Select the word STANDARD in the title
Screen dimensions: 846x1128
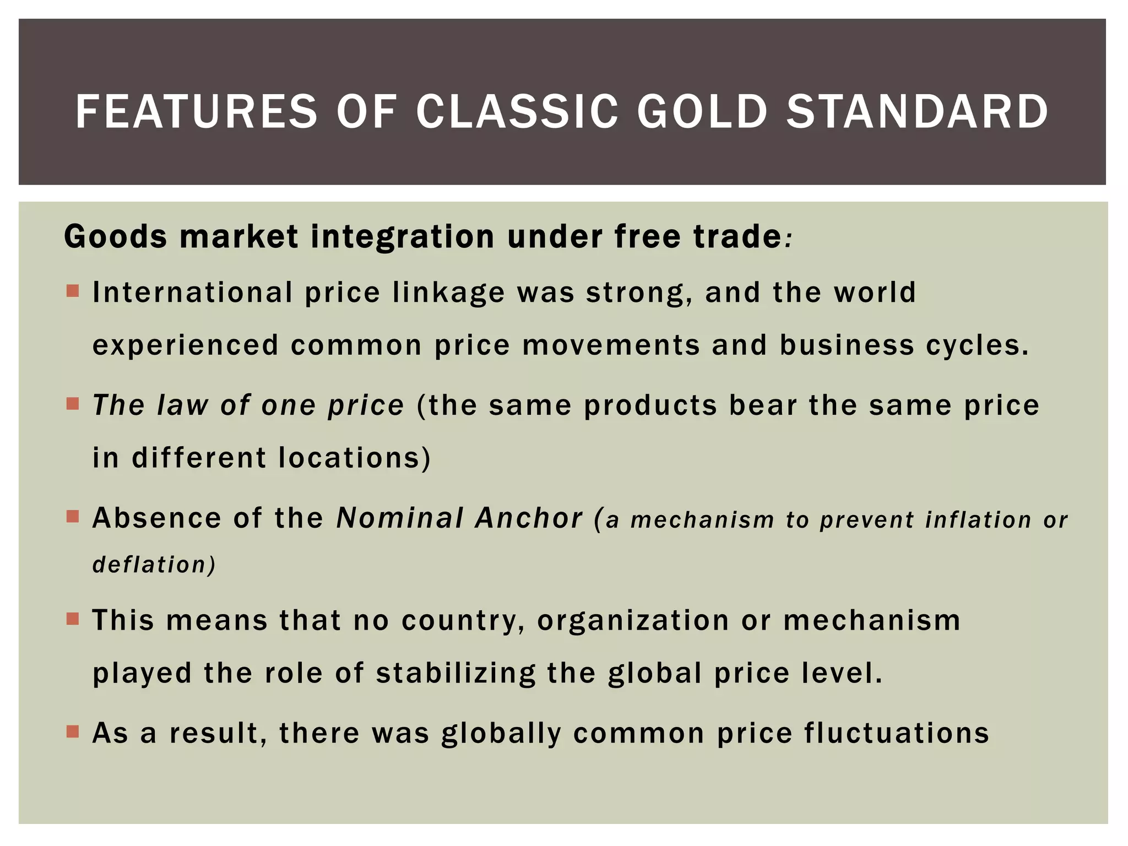pyautogui.click(x=917, y=112)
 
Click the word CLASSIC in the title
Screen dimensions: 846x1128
pyautogui.click(x=517, y=112)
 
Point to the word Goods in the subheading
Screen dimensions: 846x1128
pyautogui.click(x=116, y=237)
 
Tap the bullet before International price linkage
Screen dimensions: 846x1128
pyautogui.click(x=73, y=290)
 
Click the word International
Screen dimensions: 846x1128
pyautogui.click(x=193, y=292)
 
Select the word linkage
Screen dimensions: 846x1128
pyautogui.click(x=448, y=292)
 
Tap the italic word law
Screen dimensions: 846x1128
pyautogui.click(x=182, y=405)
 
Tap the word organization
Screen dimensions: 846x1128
pyautogui.click(x=633, y=621)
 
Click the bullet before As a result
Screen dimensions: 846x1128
pyautogui.click(x=73, y=731)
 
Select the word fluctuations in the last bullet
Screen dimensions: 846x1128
pyautogui.click(x=896, y=734)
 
